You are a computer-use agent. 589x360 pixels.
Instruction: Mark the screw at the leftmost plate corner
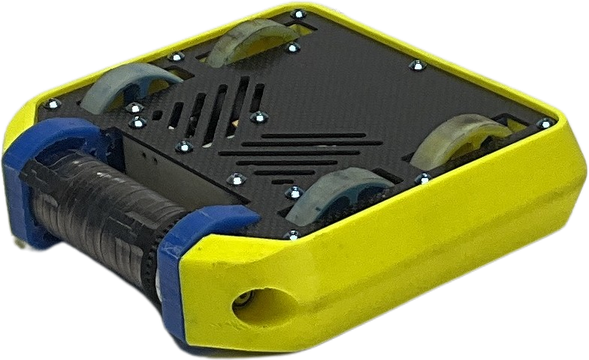(52, 104)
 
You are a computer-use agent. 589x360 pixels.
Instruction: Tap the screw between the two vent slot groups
(258, 116)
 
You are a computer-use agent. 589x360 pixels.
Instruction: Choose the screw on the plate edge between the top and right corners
(412, 66)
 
